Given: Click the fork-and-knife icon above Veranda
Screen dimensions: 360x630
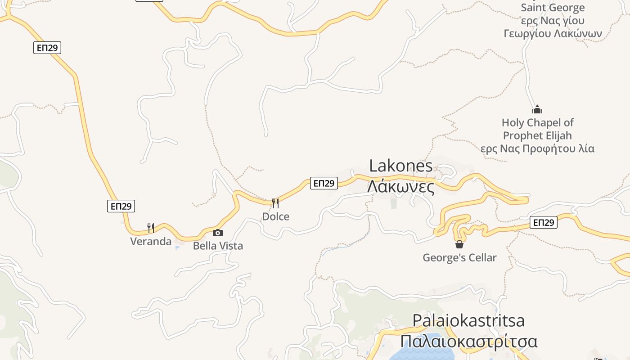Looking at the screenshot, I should tap(151, 228).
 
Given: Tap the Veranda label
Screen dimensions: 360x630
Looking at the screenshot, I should tap(151, 242).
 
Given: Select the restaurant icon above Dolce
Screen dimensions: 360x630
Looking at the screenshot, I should tap(275, 203).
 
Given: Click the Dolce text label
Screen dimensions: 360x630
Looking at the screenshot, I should tap(275, 216).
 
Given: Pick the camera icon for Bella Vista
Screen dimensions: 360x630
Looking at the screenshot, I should tap(218, 233).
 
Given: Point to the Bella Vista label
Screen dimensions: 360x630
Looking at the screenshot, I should tap(218, 246).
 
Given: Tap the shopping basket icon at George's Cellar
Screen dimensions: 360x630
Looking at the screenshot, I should tap(459, 244).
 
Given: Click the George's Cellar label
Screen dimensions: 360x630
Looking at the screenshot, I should tap(459, 258).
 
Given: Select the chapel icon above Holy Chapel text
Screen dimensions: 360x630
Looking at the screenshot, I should tap(537, 109).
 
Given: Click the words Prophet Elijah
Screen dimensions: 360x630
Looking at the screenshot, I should tap(537, 135).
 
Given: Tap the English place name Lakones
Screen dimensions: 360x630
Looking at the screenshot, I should tap(400, 166).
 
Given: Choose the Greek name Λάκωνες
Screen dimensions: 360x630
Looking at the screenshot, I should tap(400, 186).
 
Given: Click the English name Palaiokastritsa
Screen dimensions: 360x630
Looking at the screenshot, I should tap(468, 320).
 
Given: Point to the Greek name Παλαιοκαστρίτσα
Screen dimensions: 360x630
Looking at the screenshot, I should tap(468, 342).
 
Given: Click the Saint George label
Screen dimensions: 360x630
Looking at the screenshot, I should tap(553, 8).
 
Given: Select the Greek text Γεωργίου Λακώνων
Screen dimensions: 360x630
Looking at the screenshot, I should tap(553, 34).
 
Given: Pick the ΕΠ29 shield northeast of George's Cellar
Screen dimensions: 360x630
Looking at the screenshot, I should tap(544, 222).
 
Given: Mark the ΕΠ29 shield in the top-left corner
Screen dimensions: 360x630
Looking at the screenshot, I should tap(47, 48).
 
